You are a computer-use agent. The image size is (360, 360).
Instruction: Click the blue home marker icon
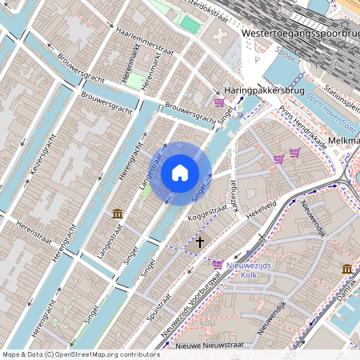coord(180,172)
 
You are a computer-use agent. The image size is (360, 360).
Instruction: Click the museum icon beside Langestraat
coord(118,214)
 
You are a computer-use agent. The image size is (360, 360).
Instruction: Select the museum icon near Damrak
coord(346,269)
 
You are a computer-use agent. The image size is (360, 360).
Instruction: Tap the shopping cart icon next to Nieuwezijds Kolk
coord(218,263)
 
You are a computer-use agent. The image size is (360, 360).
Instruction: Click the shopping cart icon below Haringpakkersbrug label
coord(218,102)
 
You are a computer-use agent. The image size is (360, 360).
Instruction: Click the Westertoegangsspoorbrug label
coord(298,34)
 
